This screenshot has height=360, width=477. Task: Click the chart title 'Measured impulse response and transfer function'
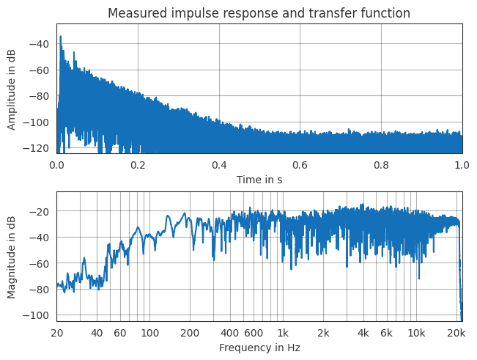[x=259, y=13]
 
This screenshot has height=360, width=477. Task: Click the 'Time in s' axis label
[x=259, y=180]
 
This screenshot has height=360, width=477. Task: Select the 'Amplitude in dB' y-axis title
[x=12, y=89]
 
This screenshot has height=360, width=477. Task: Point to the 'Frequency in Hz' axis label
[x=259, y=348]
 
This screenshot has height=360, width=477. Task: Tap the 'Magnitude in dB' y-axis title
[x=12, y=257]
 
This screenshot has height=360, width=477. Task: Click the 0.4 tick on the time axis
[x=218, y=165]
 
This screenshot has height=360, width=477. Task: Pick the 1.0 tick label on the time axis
[x=462, y=165]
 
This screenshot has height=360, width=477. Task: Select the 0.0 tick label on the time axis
[x=56, y=165]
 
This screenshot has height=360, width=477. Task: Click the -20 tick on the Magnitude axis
[x=40, y=211]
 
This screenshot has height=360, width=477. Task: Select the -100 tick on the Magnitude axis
[x=38, y=315]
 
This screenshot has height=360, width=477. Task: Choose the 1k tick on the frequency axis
[x=283, y=334]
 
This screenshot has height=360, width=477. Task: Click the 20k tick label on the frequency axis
[x=456, y=334]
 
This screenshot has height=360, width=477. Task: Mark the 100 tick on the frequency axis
[x=150, y=334]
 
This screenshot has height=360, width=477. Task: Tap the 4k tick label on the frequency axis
[x=363, y=334]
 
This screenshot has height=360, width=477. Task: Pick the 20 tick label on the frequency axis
[x=56, y=334]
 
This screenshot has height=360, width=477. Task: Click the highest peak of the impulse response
[x=60, y=36]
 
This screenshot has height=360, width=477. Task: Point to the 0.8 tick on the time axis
[x=381, y=165]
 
